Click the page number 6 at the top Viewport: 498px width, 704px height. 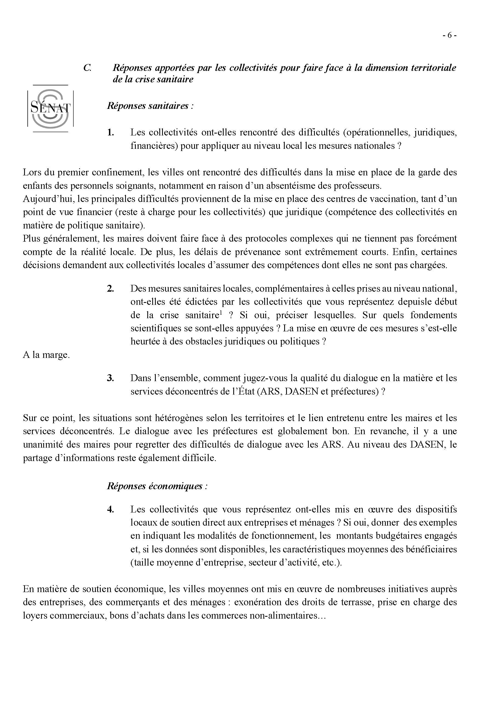pyautogui.click(x=450, y=36)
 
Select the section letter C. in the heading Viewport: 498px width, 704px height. pyautogui.click(x=87, y=68)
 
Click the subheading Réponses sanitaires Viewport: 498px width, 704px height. pyautogui.click(x=150, y=106)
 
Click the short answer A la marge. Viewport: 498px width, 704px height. pyautogui.click(x=46, y=355)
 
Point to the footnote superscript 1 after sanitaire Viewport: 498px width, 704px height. pyautogui.click(x=220, y=313)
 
